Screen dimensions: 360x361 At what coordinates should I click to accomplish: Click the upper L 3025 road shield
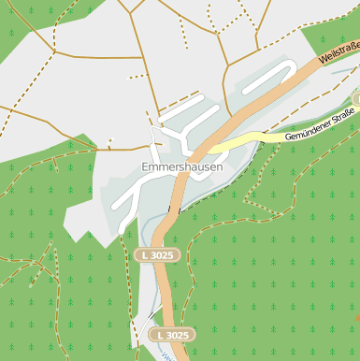tap(155, 255)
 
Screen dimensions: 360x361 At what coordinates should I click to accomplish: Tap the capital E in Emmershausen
tap(145, 167)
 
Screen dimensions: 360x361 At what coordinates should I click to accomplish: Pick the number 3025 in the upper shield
tap(161, 255)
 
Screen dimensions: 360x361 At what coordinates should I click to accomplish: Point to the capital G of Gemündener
tap(287, 139)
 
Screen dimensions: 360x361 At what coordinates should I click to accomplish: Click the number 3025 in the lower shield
tap(178, 334)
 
